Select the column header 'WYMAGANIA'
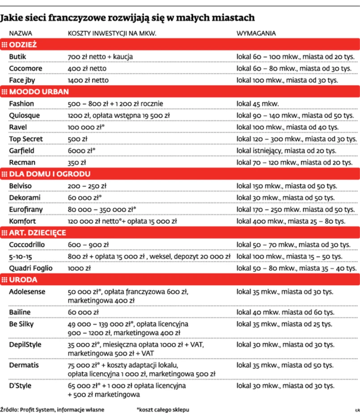(x=256, y=34)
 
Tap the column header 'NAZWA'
(x=20, y=34)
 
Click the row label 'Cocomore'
(x=25, y=68)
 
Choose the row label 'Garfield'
(x=22, y=150)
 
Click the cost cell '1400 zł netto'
(x=88, y=80)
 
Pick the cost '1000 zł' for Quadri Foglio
(x=79, y=268)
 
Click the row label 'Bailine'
(x=21, y=311)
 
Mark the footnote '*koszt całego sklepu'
(x=163, y=409)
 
